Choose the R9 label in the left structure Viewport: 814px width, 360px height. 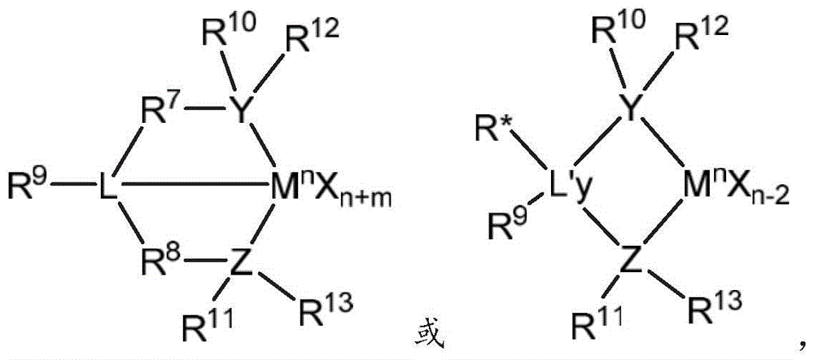29,182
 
